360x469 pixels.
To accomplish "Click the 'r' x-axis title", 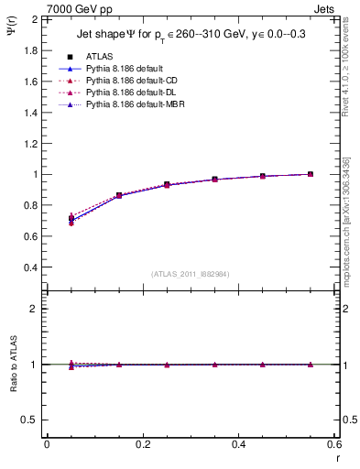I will (336, 457).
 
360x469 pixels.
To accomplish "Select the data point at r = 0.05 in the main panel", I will (71, 219).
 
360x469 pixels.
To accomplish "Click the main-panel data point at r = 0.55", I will (311, 174).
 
